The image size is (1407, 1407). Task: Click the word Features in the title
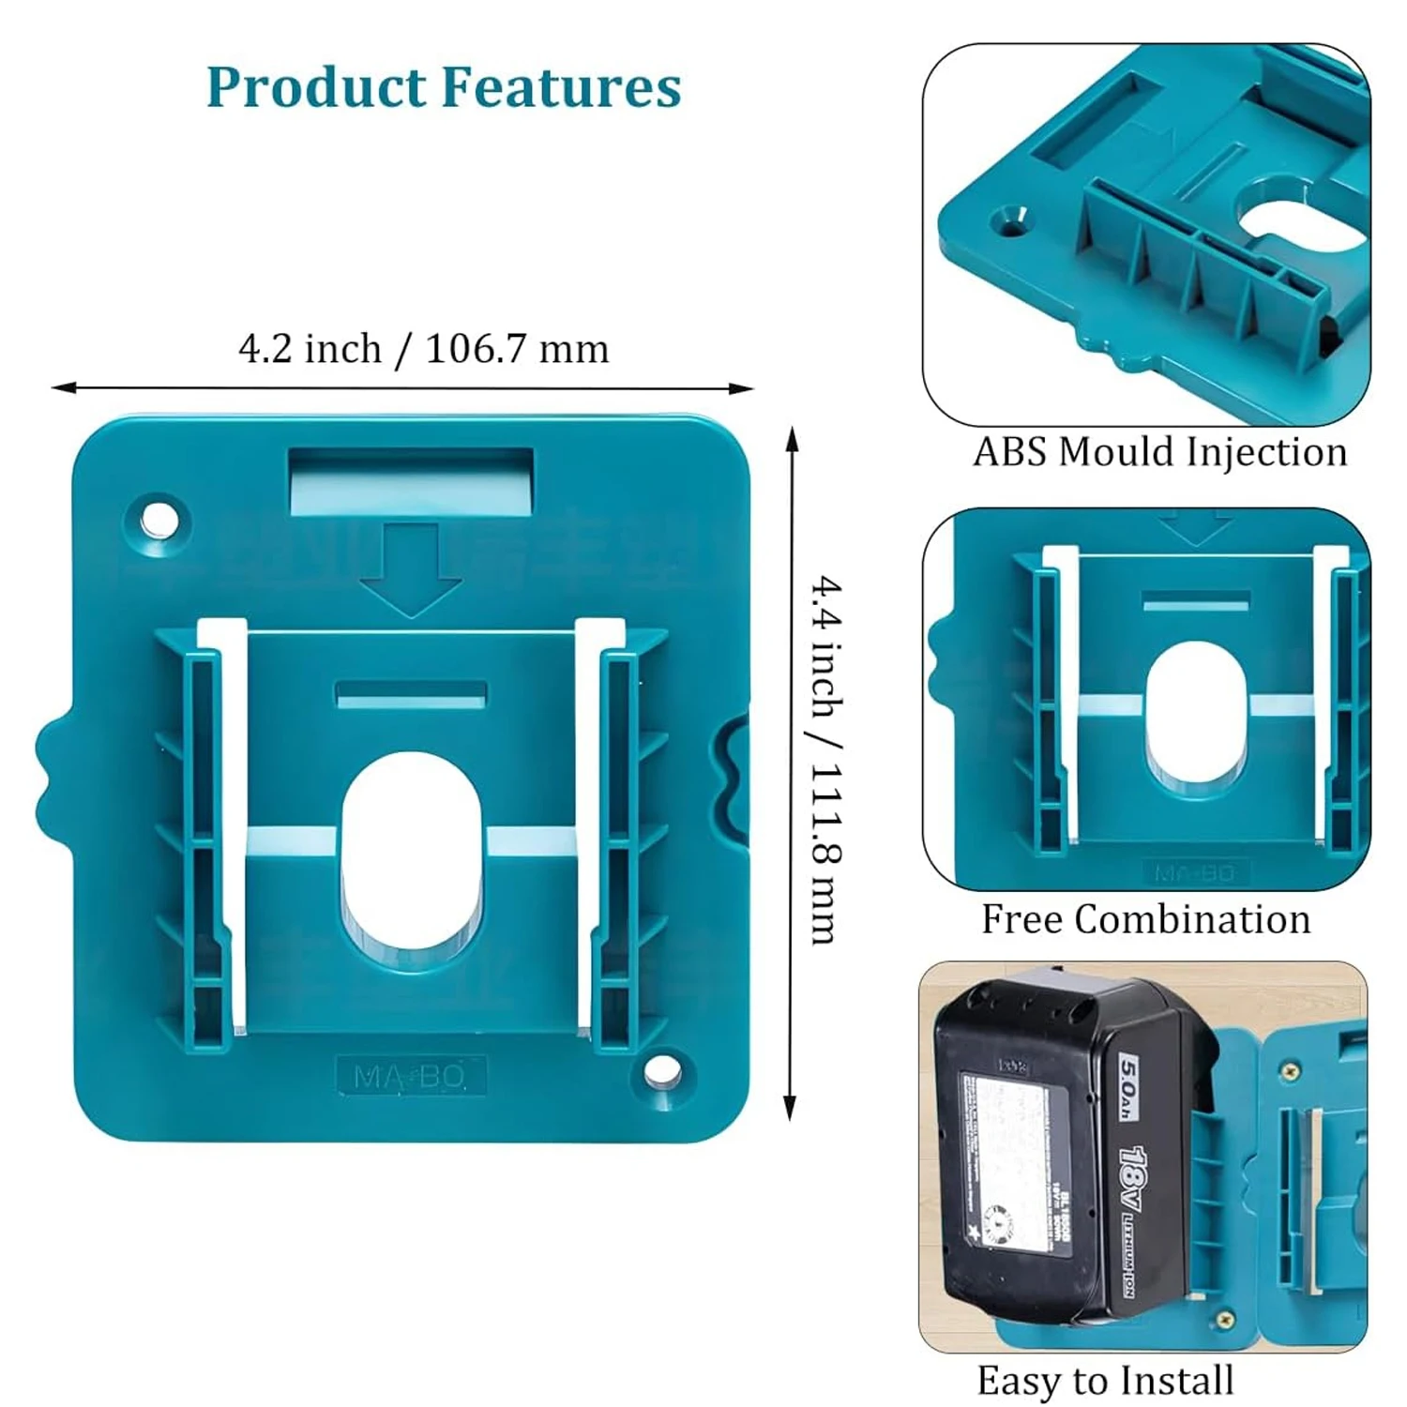[561, 87]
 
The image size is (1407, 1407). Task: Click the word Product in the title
[316, 87]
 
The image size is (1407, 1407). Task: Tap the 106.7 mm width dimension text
[517, 349]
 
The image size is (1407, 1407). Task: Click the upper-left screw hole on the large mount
[159, 519]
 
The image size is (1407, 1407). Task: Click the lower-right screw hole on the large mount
[663, 1070]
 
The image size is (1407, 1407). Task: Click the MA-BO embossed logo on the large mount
[410, 1077]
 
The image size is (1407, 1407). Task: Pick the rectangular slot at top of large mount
[411, 480]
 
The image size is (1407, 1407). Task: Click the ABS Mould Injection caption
[1159, 452]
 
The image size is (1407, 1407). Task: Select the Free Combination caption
[1145, 919]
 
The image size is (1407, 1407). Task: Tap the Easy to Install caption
[1105, 1381]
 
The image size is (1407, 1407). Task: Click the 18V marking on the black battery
[1134, 1180]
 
